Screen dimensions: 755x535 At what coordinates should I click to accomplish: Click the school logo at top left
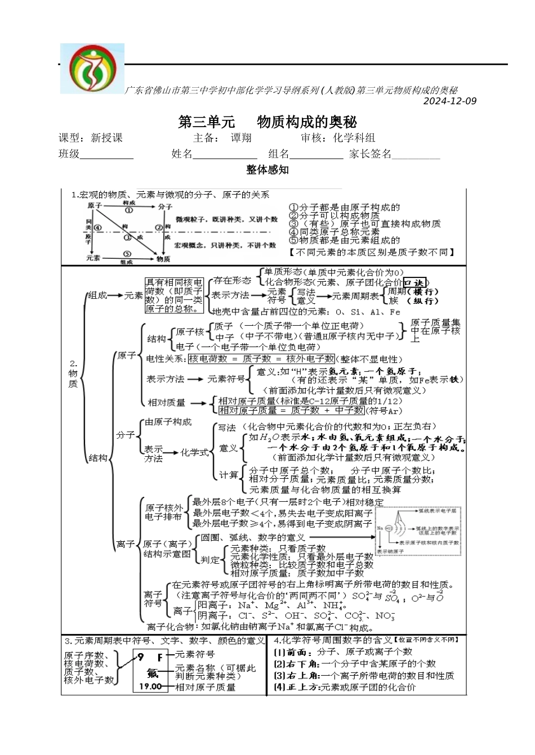tap(92, 69)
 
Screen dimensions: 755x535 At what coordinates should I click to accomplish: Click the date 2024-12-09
tap(449, 101)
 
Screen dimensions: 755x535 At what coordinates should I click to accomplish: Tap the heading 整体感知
tap(267, 169)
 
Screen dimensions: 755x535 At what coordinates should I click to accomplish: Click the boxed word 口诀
tap(416, 282)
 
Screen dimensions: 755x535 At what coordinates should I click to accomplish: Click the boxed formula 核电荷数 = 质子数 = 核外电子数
tap(261, 359)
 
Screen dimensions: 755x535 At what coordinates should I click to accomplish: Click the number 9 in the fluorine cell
tap(140, 657)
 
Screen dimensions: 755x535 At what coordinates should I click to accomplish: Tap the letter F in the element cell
tap(160, 657)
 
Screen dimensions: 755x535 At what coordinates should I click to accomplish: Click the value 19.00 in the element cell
tap(150, 686)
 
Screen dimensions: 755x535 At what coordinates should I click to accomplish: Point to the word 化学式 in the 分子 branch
tap(194, 452)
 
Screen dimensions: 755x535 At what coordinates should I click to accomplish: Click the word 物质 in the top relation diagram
tap(163, 259)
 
